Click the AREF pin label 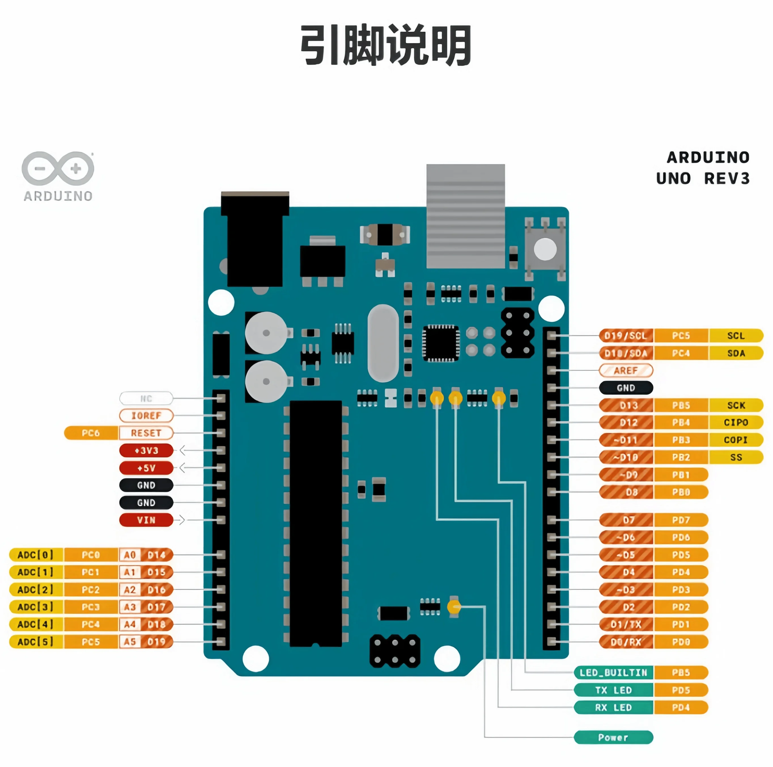(625, 370)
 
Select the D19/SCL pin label (625, 336)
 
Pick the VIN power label (146, 520)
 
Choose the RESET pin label (146, 433)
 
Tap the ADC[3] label (36, 607)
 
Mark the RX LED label (613, 707)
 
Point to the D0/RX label (625, 642)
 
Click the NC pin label (146, 399)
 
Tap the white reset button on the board (545, 249)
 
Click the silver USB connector (465, 216)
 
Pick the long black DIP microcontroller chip (316, 521)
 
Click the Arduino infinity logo (58, 168)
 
